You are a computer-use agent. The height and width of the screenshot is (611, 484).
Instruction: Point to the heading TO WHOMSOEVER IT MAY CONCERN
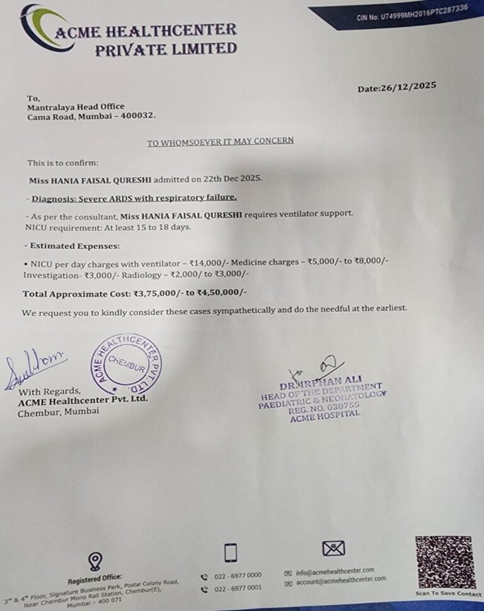pyautogui.click(x=220, y=141)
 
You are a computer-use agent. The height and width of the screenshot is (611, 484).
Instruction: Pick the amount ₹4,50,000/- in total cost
pyautogui.click(x=222, y=293)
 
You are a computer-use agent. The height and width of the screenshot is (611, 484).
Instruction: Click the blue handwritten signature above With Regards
pyautogui.click(x=34, y=369)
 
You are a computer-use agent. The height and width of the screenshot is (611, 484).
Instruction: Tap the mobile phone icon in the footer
pyautogui.click(x=231, y=552)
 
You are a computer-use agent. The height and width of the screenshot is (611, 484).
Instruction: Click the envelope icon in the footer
pyautogui.click(x=333, y=549)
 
